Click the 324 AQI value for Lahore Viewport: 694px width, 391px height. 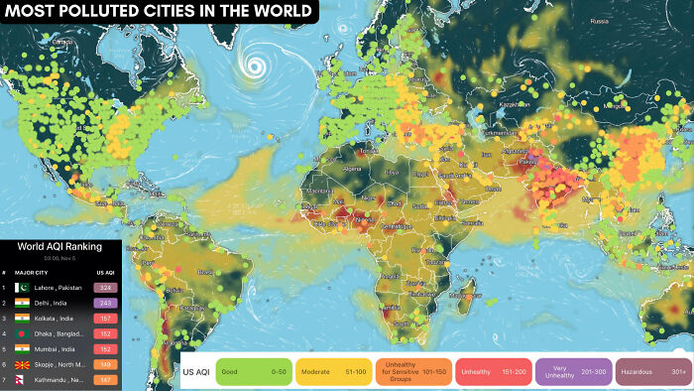(x=106, y=287)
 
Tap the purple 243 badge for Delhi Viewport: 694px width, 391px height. (x=106, y=303)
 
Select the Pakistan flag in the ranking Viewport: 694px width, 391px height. (x=23, y=287)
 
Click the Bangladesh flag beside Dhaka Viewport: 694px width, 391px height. (x=23, y=333)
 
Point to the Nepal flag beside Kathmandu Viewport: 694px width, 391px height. (x=23, y=380)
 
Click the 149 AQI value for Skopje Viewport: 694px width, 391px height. (x=106, y=364)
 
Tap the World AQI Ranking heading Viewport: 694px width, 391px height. (x=60, y=245)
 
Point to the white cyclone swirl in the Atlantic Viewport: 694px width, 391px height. (x=257, y=66)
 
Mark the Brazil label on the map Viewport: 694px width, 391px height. (x=207, y=270)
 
